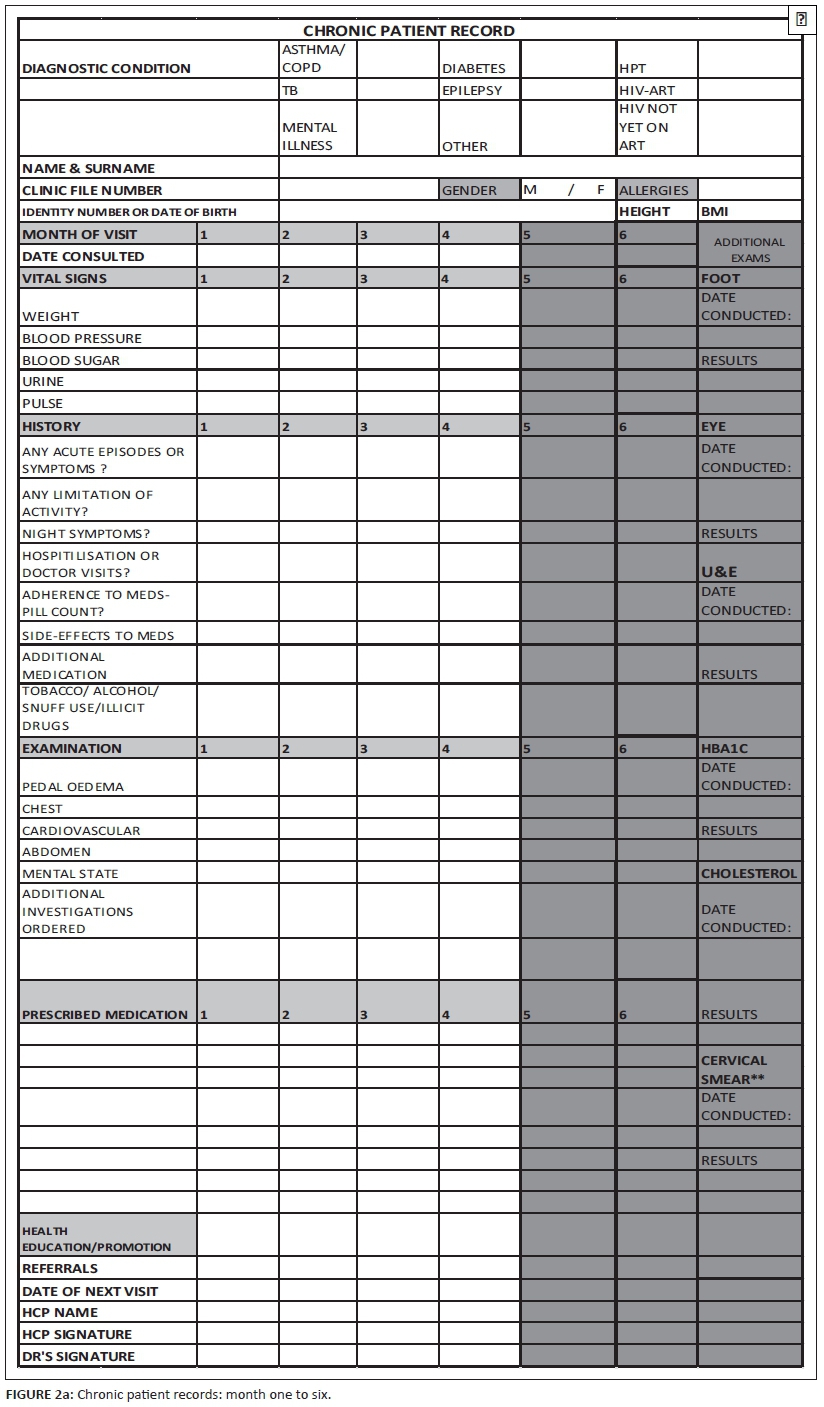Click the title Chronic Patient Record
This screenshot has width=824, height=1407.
point(409,31)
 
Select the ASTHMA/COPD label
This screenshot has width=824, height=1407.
point(313,59)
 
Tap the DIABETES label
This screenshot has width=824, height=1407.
point(473,69)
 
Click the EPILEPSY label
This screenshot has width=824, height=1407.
point(472,91)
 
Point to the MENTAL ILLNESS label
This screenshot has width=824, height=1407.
point(309,137)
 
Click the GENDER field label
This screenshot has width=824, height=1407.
point(469,190)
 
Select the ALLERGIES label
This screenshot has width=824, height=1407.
point(654,190)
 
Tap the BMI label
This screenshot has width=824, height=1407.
point(714,212)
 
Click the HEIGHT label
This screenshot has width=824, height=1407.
point(644,212)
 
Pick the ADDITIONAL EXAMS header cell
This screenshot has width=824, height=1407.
point(749,249)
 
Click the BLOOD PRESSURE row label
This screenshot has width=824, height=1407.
point(82,339)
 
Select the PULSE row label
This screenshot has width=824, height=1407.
point(42,404)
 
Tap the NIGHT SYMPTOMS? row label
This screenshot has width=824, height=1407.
point(86,534)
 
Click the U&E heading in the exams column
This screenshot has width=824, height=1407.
point(719,572)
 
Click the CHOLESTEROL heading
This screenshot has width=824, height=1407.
point(749,874)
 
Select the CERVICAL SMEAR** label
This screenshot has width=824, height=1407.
point(734,1070)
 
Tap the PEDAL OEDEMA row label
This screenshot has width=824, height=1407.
point(73,787)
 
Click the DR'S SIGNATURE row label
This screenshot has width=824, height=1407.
point(78,1357)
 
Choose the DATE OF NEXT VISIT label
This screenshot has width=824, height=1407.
point(90,1291)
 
